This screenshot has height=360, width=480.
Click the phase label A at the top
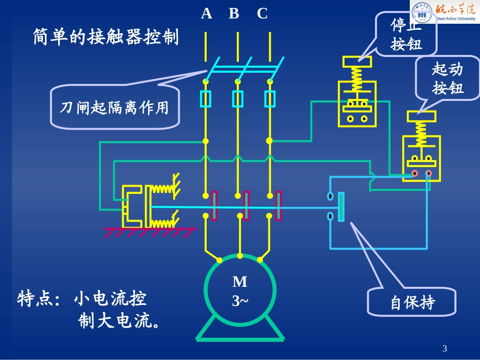coord(206,14)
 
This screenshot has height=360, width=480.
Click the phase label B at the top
coord(234,14)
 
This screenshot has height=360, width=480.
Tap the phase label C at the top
coord(262,14)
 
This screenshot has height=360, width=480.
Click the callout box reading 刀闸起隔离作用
coord(115,108)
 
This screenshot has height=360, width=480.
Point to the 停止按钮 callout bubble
coord(406,35)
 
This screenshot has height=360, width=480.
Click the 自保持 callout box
coord(412,303)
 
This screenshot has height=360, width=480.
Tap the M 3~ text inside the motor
coord(239,291)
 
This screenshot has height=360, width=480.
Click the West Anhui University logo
coord(444,13)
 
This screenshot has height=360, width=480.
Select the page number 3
coord(444,348)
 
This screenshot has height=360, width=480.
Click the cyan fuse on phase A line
coord(206,99)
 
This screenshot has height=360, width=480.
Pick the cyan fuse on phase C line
coord(270,99)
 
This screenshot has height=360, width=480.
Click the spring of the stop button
coord(357,79)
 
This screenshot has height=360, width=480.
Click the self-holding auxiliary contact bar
coord(342,207)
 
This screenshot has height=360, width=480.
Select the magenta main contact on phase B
coord(247,206)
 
